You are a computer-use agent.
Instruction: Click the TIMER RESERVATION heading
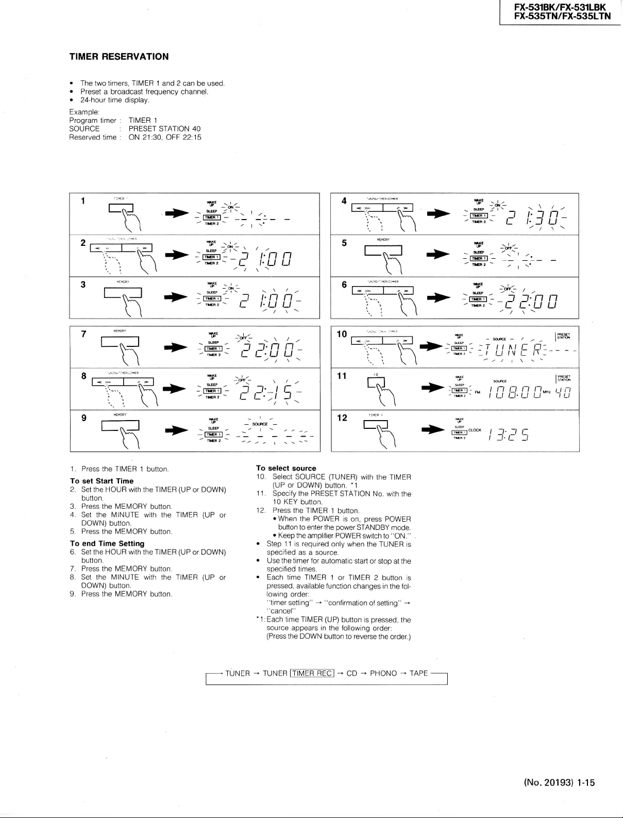pos(119,57)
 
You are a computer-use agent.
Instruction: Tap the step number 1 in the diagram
pos(83,201)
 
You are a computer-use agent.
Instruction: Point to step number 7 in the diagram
pos(83,333)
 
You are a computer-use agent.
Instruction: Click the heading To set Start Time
pos(102,481)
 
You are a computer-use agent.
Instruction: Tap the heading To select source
pos(286,469)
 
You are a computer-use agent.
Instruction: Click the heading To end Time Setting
pos(107,543)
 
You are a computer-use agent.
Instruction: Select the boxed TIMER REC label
pos(312,673)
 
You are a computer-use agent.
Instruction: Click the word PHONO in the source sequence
pos(383,673)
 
